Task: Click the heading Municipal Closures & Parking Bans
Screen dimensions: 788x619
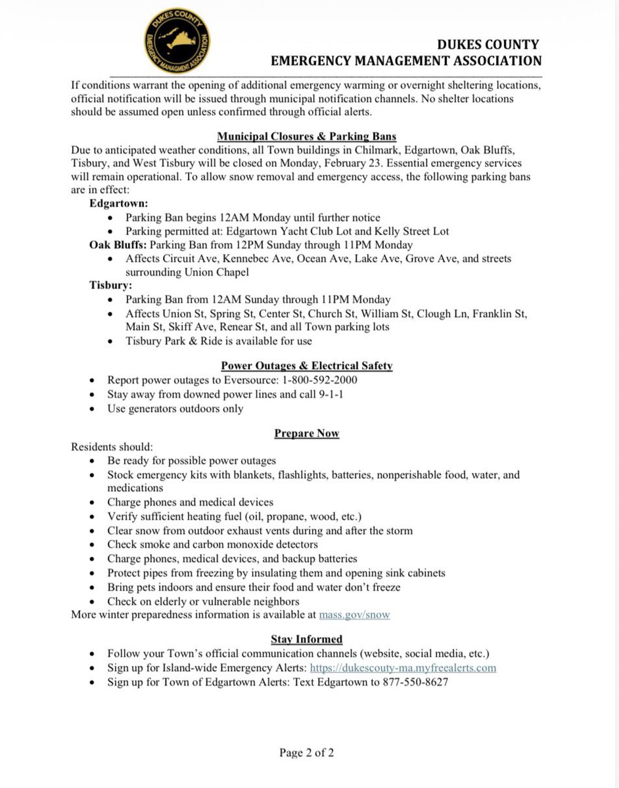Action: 307,137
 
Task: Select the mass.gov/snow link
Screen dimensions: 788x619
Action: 354,615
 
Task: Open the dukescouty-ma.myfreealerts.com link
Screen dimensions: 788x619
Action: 403,668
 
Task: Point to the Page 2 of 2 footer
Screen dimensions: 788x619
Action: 306,753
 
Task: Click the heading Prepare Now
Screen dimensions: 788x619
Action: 306,434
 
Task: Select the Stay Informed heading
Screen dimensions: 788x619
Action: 306,639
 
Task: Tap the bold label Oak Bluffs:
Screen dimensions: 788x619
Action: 118,245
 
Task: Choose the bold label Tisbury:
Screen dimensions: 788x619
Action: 111,286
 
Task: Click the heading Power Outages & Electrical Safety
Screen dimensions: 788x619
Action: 306,366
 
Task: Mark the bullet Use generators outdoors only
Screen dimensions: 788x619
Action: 175,408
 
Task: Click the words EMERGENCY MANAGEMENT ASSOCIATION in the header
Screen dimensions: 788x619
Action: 406,60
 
